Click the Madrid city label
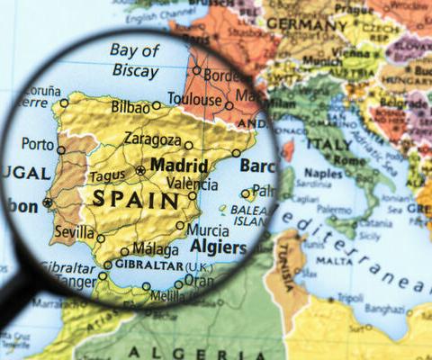(x=180, y=166)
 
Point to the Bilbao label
(x=130, y=106)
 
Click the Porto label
(x=37, y=143)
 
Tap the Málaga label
(x=155, y=248)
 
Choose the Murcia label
(x=207, y=229)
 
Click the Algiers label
(x=219, y=247)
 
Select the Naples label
(x=324, y=173)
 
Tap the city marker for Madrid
(x=140, y=169)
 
